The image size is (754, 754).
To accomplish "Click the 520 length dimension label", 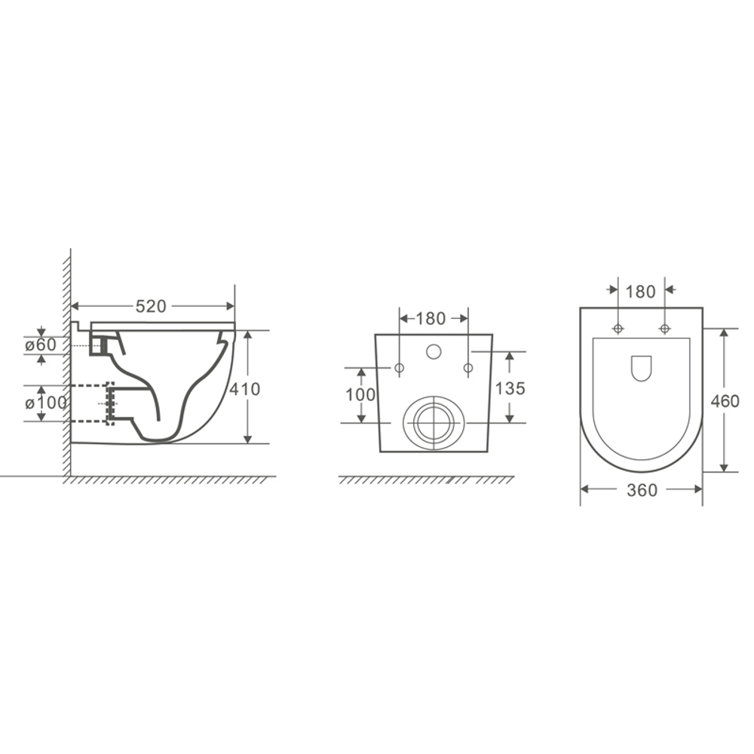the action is (x=151, y=306).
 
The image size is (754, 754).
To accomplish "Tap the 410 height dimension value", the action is (x=245, y=389).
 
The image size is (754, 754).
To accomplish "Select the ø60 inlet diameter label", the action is (x=41, y=345).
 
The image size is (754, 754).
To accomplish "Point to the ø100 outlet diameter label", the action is (x=46, y=403).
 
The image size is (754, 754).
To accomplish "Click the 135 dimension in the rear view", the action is (x=510, y=388).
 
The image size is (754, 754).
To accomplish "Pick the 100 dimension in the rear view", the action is (x=360, y=395).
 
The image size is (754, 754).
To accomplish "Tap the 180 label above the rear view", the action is (x=431, y=318).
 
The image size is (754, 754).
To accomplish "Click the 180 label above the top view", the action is (x=640, y=291).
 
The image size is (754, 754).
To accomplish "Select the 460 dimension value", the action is (x=725, y=401).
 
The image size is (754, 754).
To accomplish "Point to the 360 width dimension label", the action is (x=642, y=490).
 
